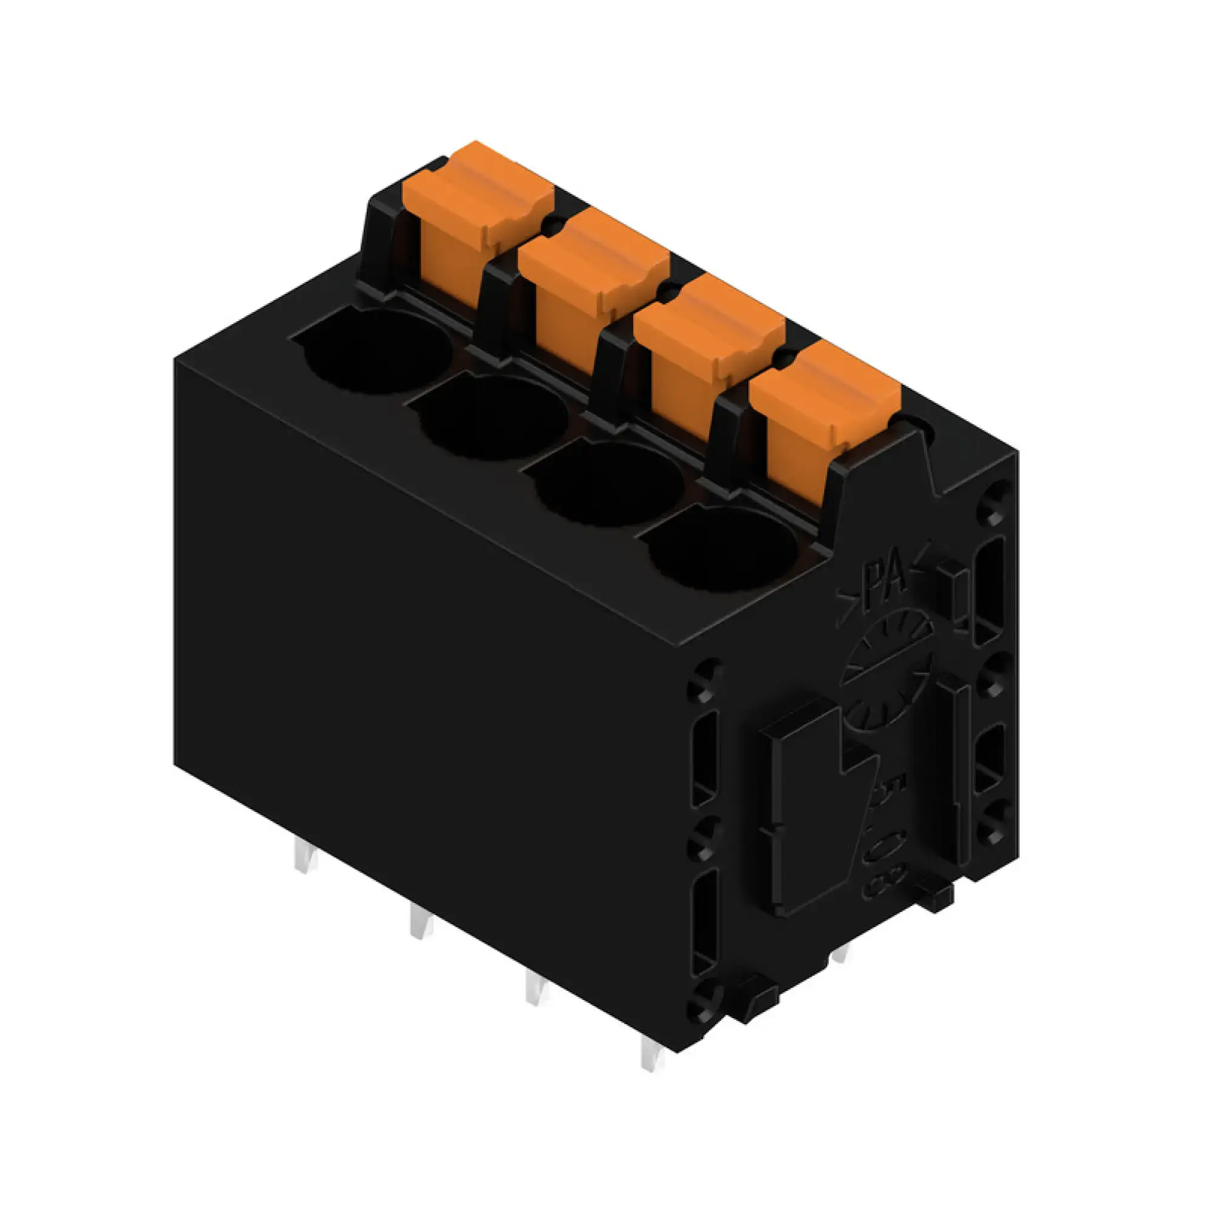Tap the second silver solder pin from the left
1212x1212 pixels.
(x=421, y=921)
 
